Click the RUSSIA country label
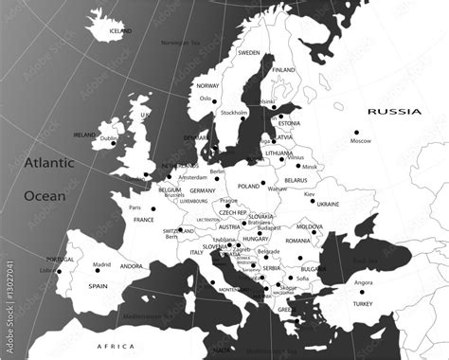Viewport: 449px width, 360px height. point(394,112)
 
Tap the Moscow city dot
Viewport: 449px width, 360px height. point(357,133)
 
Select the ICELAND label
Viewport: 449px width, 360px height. point(120,31)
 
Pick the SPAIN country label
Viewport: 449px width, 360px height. point(98,285)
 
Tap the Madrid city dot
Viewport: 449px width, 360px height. point(93,274)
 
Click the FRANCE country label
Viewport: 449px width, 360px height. point(143,220)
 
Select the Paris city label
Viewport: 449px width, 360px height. point(135,207)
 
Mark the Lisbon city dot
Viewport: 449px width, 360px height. point(59,273)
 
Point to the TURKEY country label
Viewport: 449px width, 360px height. point(362,304)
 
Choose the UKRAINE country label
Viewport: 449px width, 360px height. point(328,204)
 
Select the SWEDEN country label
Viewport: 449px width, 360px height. point(249,53)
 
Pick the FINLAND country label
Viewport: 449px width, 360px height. point(283,69)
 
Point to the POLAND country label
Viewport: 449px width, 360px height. point(248,187)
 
